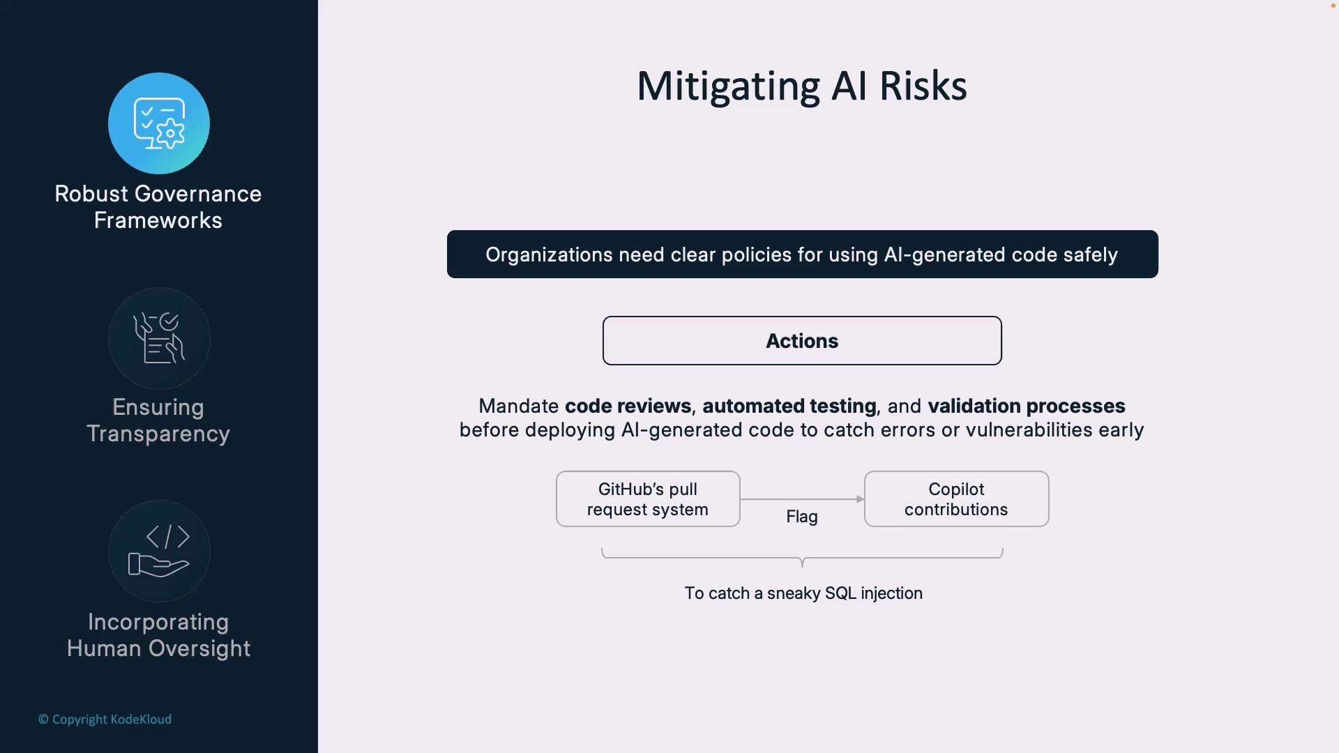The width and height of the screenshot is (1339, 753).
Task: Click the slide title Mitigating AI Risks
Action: pos(802,86)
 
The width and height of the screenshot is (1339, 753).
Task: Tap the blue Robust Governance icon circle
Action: pos(159,123)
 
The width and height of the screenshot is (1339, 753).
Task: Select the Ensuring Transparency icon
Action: pos(159,338)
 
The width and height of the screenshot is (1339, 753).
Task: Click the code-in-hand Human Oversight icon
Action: pos(159,551)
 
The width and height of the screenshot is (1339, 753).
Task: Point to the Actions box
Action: pos(802,340)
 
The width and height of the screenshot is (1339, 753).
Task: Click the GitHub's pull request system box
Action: pos(648,499)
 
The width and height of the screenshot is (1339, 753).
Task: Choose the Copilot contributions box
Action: pos(956,499)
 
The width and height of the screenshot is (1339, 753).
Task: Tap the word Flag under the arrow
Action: pos(802,517)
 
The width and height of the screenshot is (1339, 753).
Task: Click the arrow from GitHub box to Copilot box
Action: pos(802,499)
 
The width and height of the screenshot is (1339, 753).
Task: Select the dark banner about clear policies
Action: pos(802,254)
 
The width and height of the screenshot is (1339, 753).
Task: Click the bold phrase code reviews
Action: pos(628,406)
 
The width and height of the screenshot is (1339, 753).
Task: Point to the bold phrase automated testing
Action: pos(789,406)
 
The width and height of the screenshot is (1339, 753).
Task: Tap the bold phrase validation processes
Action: pos(1027,406)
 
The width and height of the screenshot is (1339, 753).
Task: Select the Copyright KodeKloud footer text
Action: pos(105,720)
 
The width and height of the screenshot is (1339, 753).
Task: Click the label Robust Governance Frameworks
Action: pos(158,207)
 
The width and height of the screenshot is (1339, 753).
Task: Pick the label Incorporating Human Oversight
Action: pos(158,635)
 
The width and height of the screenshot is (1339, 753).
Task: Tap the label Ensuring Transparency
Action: pos(158,420)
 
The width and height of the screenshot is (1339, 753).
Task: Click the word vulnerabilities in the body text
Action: pos(1029,429)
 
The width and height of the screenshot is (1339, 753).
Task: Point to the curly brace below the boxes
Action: pos(802,558)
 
